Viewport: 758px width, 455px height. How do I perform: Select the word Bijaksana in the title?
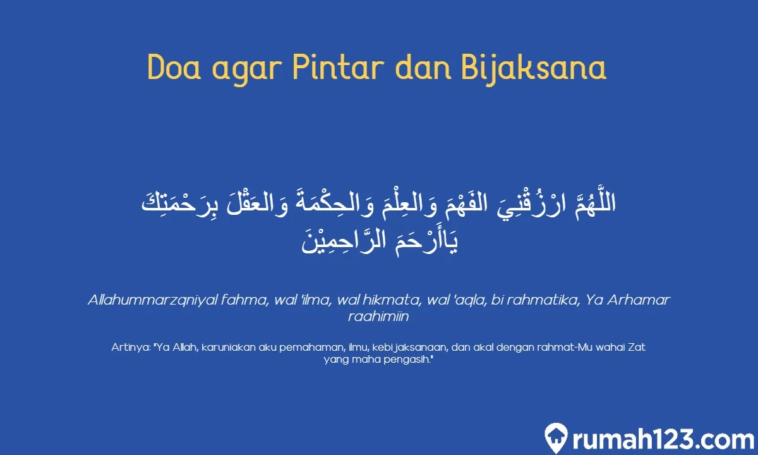[534, 68]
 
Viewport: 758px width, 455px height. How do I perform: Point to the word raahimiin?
[378, 317]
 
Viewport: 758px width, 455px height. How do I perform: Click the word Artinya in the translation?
[129, 347]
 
